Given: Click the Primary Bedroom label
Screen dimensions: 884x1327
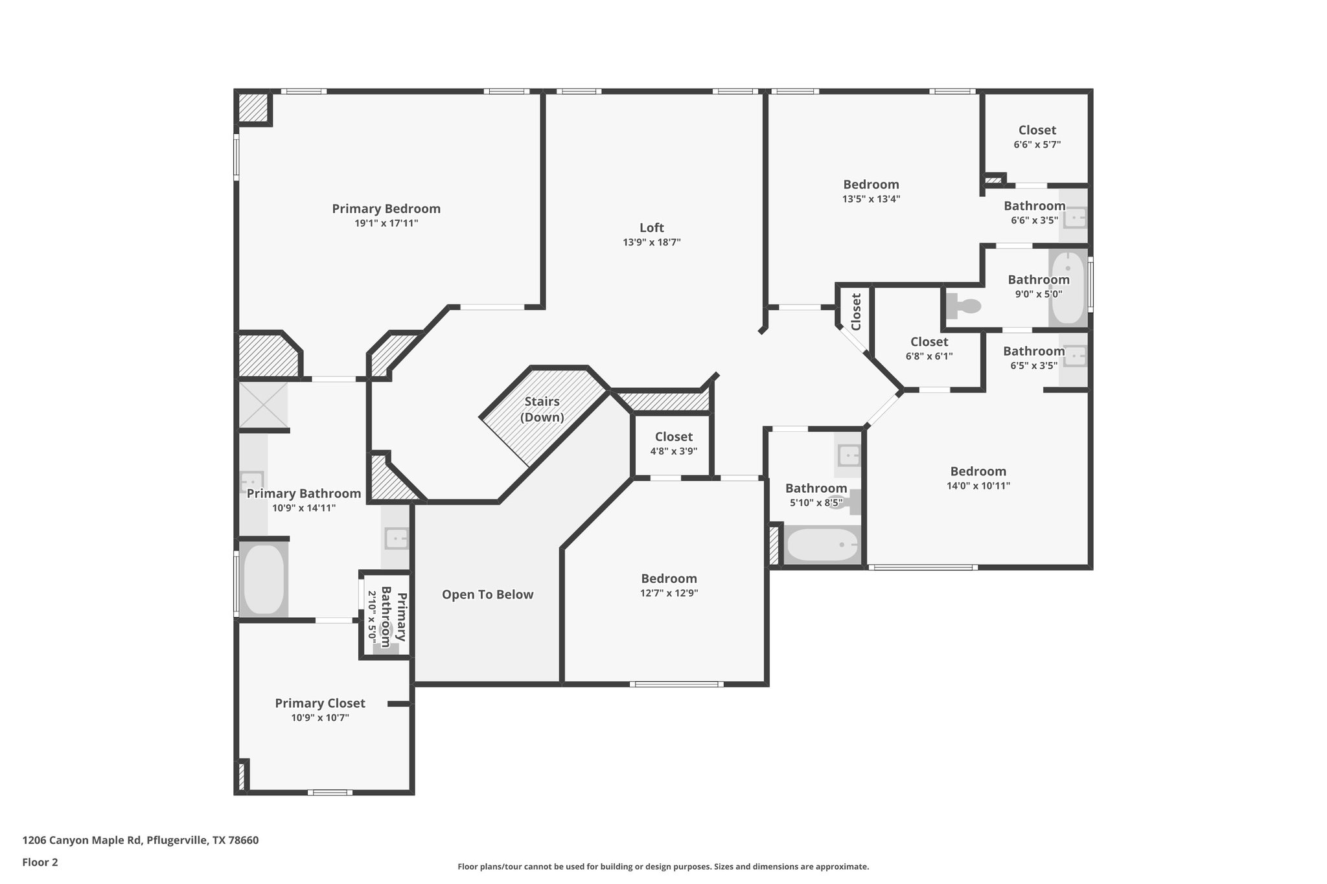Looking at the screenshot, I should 386,209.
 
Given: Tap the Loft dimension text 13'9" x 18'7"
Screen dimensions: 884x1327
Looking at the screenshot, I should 651,242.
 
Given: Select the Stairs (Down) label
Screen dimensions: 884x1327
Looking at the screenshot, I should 542,409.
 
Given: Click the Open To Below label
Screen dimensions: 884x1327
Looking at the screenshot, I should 487,595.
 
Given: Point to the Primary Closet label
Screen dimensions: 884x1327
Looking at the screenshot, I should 319,703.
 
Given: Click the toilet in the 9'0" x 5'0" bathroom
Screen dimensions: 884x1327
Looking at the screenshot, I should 961,306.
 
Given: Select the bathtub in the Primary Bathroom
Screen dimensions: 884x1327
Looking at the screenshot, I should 264,580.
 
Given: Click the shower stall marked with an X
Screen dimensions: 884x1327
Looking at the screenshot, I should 263,405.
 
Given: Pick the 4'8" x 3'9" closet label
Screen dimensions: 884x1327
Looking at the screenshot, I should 673,436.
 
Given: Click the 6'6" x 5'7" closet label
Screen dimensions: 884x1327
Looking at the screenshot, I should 1037,130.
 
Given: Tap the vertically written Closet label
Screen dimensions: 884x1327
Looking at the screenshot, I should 856,312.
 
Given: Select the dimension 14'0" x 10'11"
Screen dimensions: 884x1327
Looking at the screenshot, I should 978,486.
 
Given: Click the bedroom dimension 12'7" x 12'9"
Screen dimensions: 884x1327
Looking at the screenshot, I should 669,593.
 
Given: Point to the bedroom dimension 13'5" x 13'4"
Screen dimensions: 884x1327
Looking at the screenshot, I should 871,199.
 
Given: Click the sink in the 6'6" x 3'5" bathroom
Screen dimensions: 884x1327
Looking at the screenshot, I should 1074,217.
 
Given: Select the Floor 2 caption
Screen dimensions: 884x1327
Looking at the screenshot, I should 40,862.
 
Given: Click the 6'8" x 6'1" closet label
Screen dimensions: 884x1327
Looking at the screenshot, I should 929,342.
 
